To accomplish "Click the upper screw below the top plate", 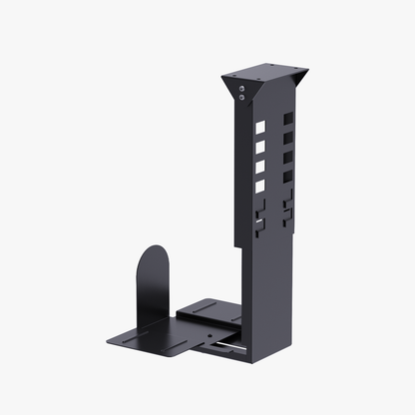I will click(244, 89).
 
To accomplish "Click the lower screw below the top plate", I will click(244, 98).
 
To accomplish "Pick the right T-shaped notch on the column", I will click(287, 207).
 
